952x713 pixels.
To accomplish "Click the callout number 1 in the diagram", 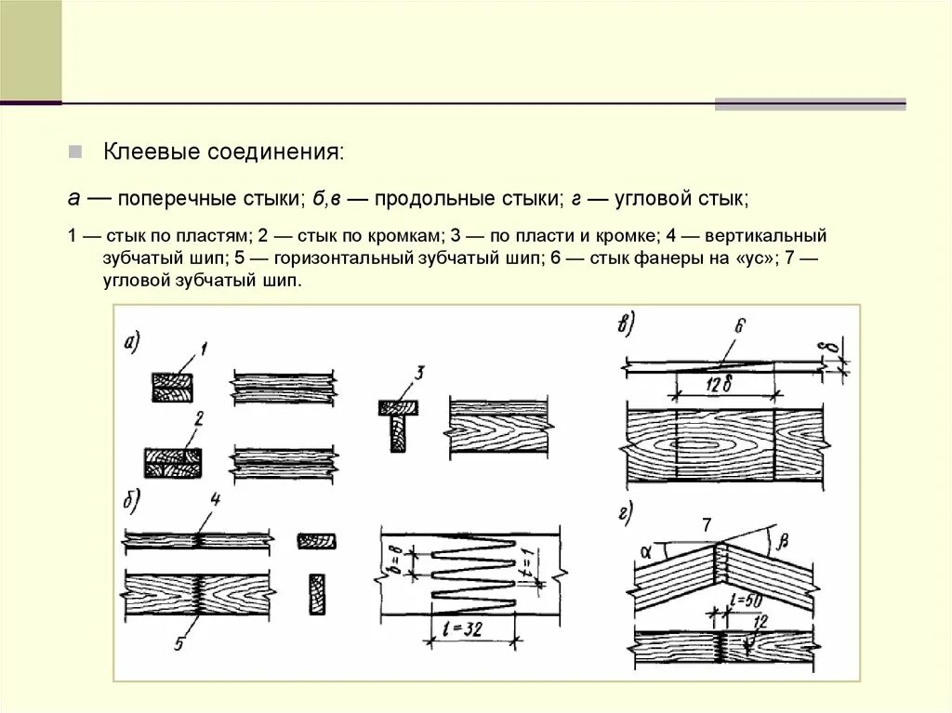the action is pos(204,349).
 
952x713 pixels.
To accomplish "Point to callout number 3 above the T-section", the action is pos(419,374).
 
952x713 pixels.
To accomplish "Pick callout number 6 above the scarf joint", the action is pos(740,326).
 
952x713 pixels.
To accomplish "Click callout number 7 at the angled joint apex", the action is pos(707,526).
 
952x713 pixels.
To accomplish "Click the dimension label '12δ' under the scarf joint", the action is pos(720,384).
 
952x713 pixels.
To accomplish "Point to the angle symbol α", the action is pos(645,550).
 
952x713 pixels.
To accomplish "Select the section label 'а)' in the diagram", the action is pos(132,343).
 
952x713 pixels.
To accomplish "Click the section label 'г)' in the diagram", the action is pos(624,510).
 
